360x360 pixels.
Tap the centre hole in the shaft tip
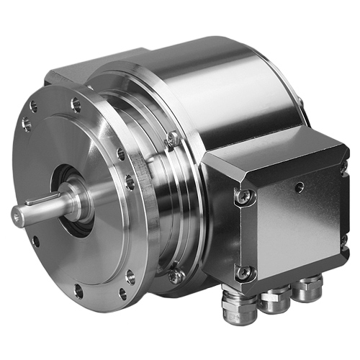(16, 215)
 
